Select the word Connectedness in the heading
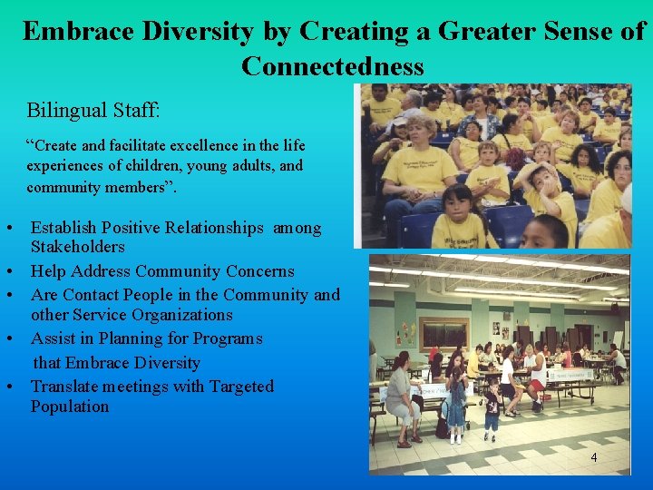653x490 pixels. coord(332,66)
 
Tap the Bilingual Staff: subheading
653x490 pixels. coord(93,112)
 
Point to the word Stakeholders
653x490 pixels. coord(77,247)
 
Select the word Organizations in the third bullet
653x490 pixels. coord(178,315)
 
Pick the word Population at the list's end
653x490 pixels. coord(69,407)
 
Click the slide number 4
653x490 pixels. coord(594,457)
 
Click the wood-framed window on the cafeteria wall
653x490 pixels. coord(444,332)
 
